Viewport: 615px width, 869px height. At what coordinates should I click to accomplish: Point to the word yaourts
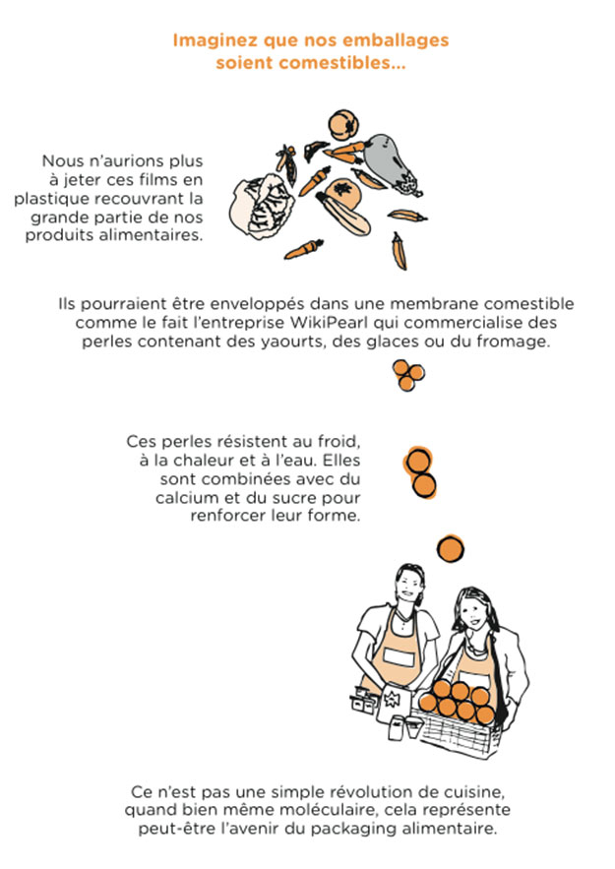coord(291,341)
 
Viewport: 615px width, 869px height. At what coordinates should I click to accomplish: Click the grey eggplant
coord(391,162)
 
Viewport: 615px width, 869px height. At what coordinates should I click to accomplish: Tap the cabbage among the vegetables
coord(258,206)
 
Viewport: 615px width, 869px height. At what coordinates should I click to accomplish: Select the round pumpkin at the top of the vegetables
coord(343,125)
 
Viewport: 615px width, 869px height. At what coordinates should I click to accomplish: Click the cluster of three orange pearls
coord(408,375)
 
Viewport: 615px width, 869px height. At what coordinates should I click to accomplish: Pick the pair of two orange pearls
coord(420,472)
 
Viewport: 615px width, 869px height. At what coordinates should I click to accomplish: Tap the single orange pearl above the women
coord(451,549)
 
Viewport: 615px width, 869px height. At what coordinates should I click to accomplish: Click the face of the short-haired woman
coord(409,586)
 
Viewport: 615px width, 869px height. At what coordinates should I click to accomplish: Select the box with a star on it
coord(393,701)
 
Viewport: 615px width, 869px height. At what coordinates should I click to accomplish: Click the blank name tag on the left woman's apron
coord(400,658)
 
